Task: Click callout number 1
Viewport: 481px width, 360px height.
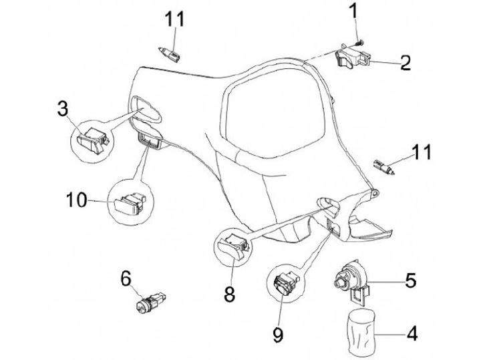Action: pos(353,11)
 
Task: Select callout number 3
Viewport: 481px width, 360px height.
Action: pos(61,108)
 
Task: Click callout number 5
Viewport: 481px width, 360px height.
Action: pos(410,279)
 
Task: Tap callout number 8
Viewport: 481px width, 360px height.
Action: pos(229,294)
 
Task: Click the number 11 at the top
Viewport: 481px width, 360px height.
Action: pos(174,19)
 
